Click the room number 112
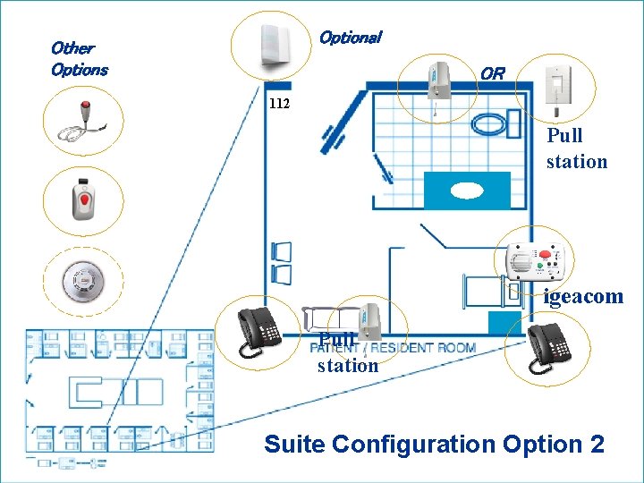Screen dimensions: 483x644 (x=279, y=104)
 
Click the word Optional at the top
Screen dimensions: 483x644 (x=350, y=38)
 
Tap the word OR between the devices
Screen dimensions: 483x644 (x=492, y=73)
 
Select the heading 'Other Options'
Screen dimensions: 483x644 (x=79, y=58)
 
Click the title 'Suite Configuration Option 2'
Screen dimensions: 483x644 (x=434, y=444)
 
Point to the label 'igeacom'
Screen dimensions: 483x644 (x=583, y=297)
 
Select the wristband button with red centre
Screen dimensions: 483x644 (x=81, y=199)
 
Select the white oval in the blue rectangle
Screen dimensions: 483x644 (x=466, y=190)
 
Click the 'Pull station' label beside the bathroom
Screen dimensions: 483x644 (x=577, y=148)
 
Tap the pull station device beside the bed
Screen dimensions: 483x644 (x=369, y=322)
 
